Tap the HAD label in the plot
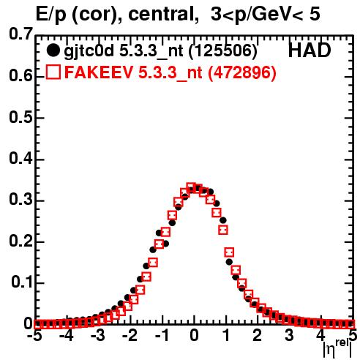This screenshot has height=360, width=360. [310, 50]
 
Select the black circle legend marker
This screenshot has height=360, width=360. [53, 50]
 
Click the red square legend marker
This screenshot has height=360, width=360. [53, 72]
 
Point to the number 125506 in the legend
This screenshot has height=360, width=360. [223, 50]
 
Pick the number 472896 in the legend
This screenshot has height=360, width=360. [242, 72]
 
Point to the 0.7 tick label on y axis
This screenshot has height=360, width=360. [20, 34]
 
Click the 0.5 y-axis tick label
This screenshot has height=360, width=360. [20, 117]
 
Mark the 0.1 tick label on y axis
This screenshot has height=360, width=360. [21, 282]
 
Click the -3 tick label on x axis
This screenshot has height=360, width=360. [98, 336]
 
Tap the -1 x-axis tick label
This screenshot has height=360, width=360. [162, 336]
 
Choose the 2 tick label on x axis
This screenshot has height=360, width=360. [257, 336]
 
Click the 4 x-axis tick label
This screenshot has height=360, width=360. [320, 336]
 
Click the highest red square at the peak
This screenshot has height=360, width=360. [191, 188]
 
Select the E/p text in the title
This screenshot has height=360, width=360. [51, 15]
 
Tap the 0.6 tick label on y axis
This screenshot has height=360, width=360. [20, 75]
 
